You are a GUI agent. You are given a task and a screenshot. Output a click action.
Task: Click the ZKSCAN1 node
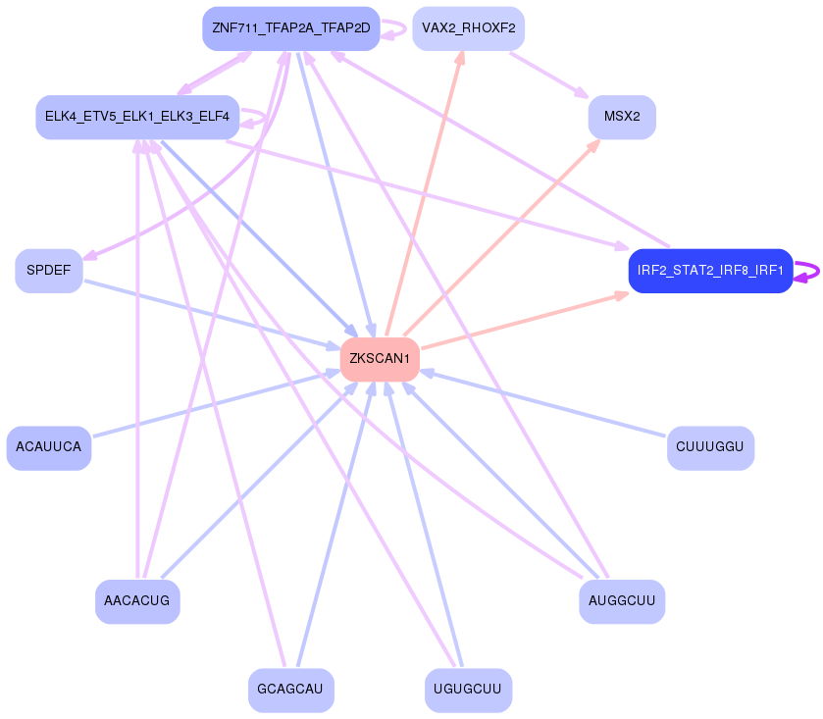(380, 359)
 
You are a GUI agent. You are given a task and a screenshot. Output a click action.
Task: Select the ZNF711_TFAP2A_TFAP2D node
(290, 27)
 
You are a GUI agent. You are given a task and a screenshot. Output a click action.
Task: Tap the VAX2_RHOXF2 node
(468, 27)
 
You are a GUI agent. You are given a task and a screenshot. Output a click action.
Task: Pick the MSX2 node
(622, 117)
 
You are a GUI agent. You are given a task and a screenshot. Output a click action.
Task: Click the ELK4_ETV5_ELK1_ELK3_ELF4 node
(137, 117)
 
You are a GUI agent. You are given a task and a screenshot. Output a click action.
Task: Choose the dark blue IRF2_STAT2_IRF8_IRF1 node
(710, 271)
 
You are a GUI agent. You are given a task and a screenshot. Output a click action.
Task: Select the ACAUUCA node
(49, 447)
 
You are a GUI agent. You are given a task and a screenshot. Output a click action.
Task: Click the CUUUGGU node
(710, 447)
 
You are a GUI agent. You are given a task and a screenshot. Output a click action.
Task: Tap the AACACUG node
(137, 600)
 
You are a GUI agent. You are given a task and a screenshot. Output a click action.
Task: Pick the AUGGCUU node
(622, 600)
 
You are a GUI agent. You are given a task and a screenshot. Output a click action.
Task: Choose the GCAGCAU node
(290, 690)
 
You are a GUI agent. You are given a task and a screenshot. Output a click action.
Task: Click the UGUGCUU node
(468, 690)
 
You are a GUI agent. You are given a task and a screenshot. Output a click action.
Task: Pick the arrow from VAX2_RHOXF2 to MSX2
(549, 74)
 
